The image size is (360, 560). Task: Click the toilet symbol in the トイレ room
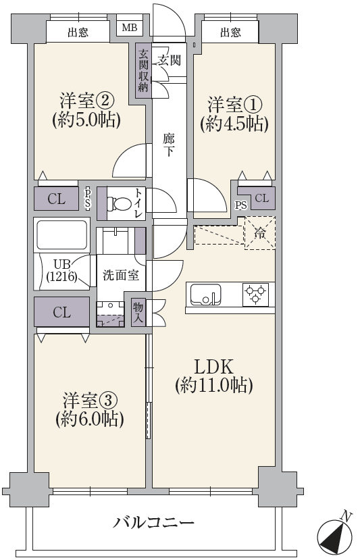(x=119, y=204)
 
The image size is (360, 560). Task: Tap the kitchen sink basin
(x=205, y=295)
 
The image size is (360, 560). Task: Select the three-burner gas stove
(x=255, y=295)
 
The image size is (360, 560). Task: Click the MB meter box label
(x=129, y=28)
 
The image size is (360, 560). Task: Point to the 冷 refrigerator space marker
(x=260, y=234)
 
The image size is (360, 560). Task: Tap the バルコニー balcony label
(x=153, y=524)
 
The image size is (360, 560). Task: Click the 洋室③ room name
(x=90, y=401)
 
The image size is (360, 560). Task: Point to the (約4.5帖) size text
(x=234, y=124)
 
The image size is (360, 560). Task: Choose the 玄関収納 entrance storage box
(x=143, y=71)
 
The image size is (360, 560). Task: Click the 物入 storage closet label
(x=138, y=312)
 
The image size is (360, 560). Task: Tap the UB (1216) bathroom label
(x=61, y=270)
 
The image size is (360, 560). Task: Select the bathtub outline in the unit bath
(x=62, y=234)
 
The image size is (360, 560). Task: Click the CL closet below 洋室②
(x=57, y=199)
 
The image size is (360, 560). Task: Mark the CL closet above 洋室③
(x=61, y=313)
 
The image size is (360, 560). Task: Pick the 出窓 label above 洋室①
(x=230, y=33)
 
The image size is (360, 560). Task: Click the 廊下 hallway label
(x=169, y=145)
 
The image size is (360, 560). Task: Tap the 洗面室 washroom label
(x=121, y=276)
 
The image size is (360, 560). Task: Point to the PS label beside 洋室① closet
(x=241, y=205)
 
